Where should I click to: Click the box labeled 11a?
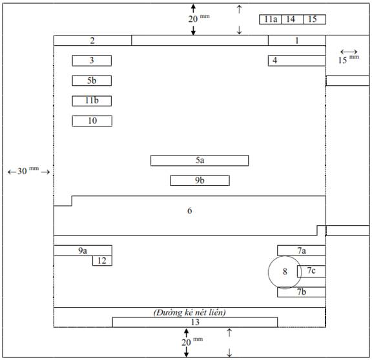(x=271, y=19)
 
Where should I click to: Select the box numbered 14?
(x=293, y=19)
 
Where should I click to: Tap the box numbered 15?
(x=315, y=19)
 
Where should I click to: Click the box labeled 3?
(x=92, y=61)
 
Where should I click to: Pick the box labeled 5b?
(x=92, y=81)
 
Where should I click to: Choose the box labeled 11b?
(x=92, y=101)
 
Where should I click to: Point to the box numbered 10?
(x=92, y=121)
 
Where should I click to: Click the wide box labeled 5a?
(x=200, y=161)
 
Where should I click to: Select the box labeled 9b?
(x=200, y=181)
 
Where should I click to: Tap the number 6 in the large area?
(x=190, y=211)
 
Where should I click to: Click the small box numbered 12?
(x=102, y=261)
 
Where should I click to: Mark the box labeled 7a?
(x=302, y=250)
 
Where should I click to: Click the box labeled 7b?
(x=302, y=292)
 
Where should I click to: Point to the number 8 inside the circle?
(x=285, y=272)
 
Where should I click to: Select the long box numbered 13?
(x=195, y=323)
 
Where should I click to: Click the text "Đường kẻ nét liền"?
(x=190, y=312)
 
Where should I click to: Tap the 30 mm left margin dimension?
(x=28, y=171)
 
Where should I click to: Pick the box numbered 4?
(x=297, y=61)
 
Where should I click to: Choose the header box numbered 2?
(x=92, y=41)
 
